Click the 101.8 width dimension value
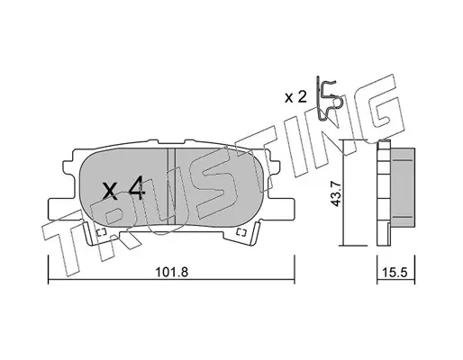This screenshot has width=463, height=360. pos(171,273)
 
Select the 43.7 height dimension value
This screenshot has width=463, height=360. pos(335,193)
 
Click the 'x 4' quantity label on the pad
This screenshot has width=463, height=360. pos(123,189)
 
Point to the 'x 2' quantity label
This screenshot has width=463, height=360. pos(295,97)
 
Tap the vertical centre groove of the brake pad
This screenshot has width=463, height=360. pos(171,186)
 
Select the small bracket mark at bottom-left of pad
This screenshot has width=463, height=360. pos(101,232)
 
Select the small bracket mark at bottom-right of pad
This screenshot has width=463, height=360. pos(241,232)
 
